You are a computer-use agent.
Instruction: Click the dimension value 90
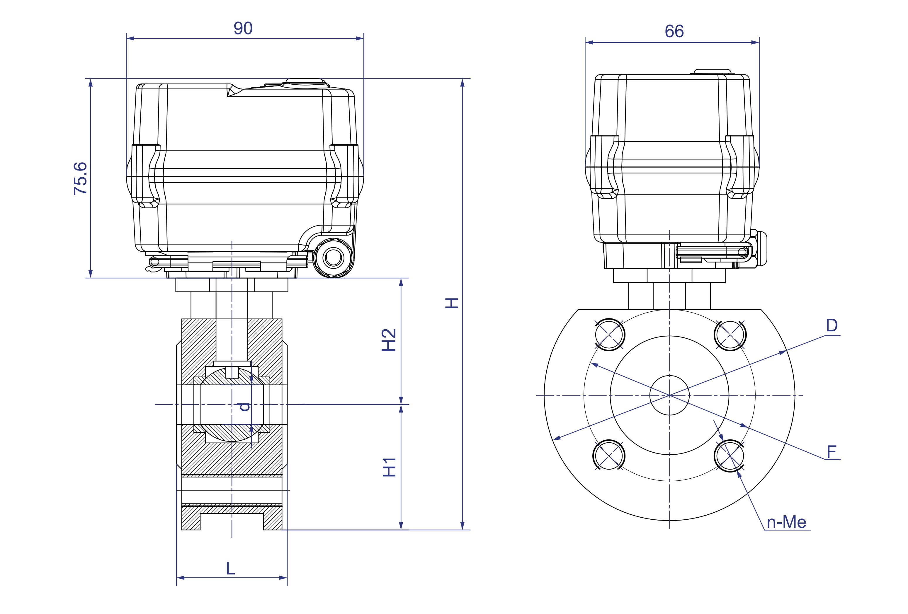243,28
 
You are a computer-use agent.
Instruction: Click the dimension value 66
674,31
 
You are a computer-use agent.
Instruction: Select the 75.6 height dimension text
81,178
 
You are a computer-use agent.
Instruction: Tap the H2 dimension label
389,340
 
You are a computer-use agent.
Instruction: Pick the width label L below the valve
230,568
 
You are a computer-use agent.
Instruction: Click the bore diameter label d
244,407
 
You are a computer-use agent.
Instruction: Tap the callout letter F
832,452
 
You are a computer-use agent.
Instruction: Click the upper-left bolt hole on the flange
610,335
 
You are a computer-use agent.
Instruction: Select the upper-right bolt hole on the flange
730,335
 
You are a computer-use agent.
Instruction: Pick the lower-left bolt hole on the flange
609,456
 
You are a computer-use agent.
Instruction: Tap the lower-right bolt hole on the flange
730,456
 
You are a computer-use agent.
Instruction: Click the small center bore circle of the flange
669,395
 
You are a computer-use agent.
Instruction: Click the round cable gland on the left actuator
333,257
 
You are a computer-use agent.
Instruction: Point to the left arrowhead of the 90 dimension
130,38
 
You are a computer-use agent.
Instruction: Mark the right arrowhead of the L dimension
283,578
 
